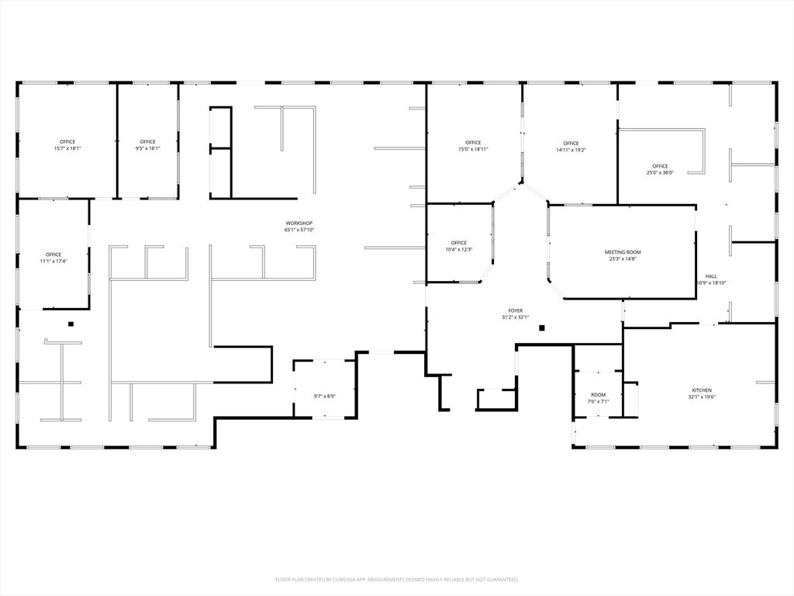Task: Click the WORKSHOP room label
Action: [299, 223]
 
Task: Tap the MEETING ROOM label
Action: [623, 252]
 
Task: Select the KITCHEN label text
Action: [702, 390]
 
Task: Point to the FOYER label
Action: [516, 310]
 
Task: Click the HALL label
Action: [711, 276]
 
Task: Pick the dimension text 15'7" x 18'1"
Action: [67, 148]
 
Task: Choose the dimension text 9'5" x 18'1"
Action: [147, 148]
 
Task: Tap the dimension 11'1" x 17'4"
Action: [54, 261]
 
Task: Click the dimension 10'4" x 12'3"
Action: [459, 249]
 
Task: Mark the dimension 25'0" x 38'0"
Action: [660, 172]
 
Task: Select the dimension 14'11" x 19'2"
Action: [571, 150]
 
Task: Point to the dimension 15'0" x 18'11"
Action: [473, 149]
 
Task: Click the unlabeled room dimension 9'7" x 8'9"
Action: [324, 397]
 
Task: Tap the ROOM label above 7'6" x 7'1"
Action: [598, 395]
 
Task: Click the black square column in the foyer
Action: [543, 327]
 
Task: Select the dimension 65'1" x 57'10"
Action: [299, 230]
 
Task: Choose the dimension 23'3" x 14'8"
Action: [623, 258]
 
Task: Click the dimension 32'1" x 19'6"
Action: [702, 397]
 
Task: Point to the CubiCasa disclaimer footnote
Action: [396, 579]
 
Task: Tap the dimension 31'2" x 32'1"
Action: [516, 317]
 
